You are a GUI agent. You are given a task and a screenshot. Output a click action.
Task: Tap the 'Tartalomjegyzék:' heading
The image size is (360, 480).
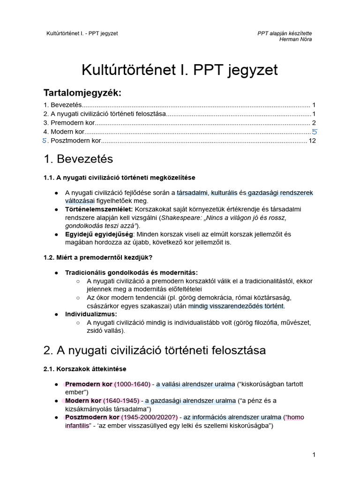tap(82, 92)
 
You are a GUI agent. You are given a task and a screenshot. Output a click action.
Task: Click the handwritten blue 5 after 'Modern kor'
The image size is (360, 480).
tap(315, 132)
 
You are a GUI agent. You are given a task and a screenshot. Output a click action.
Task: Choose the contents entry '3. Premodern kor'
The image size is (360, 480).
tap(68, 123)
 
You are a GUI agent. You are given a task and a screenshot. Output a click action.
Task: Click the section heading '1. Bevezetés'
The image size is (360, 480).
tap(78, 159)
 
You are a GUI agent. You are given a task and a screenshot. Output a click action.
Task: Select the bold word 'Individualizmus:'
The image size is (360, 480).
tap(91, 314)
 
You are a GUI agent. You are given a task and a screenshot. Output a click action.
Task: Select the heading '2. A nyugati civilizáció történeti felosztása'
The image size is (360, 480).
tap(154, 350)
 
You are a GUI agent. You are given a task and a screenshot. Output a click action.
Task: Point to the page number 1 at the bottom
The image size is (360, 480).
tap(314, 455)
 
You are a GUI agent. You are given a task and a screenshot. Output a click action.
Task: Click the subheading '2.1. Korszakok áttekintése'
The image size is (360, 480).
tap(85, 369)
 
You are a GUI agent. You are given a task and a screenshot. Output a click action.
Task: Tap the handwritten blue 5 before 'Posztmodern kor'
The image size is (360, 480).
tap(45, 141)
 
